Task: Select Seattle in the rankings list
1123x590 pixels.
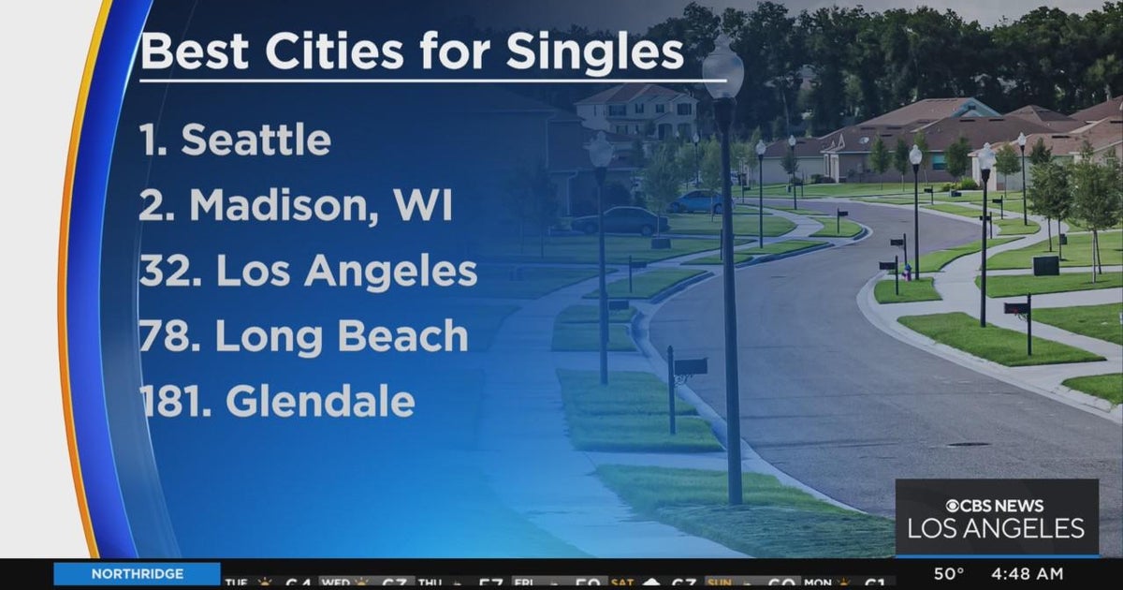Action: [255, 140]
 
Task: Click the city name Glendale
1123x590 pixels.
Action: [320, 402]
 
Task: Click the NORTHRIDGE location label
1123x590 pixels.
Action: [137, 574]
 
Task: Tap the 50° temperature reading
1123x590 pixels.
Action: [949, 574]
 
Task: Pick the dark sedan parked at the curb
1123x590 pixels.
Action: [619, 221]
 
